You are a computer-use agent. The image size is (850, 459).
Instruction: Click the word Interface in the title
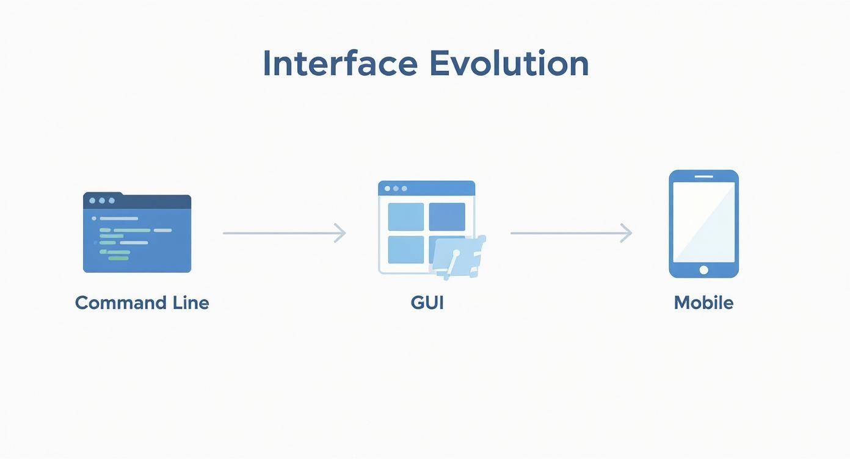[x=340, y=63]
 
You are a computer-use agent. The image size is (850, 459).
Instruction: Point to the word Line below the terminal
[x=189, y=303]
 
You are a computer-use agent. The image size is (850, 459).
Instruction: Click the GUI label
[x=427, y=303]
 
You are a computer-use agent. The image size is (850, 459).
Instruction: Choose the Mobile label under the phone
[x=703, y=303]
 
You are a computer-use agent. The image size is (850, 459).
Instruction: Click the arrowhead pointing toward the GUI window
[x=341, y=233]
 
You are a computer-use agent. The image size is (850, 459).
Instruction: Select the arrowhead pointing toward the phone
[x=627, y=233]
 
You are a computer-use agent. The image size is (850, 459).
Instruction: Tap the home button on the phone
[x=703, y=270]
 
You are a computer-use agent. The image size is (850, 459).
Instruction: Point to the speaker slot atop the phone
[x=703, y=176]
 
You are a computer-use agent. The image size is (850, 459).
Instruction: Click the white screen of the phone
[x=703, y=222]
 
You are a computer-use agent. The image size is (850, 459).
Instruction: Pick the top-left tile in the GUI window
[x=406, y=217]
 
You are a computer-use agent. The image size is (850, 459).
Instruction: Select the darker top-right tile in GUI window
[x=447, y=217]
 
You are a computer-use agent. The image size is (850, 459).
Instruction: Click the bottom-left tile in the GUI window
[x=406, y=250]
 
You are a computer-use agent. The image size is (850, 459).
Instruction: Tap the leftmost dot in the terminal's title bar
[x=92, y=200]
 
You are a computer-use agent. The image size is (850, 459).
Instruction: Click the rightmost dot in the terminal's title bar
[x=112, y=200]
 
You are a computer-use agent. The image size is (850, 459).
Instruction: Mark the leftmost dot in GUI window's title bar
[x=387, y=189]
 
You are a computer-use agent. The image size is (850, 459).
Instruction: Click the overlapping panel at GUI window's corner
[x=458, y=256]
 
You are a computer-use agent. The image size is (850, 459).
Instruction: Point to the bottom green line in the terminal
[x=118, y=258]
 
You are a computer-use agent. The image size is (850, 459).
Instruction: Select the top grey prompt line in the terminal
[x=118, y=218]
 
